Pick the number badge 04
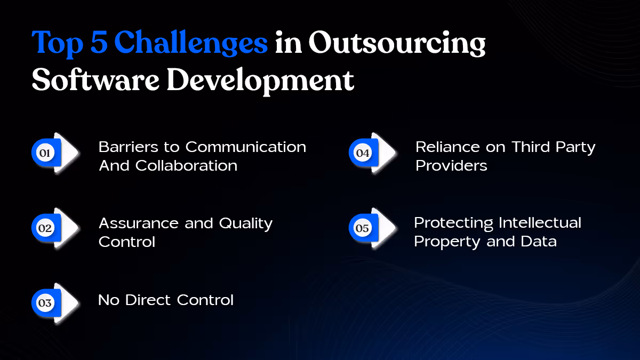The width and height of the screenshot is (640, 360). tap(362, 153)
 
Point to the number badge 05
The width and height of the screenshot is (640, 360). tap(362, 228)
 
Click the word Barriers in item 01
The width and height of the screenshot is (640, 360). tap(125, 147)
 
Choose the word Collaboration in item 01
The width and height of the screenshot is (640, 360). tap(186, 165)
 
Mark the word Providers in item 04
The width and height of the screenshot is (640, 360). tap(451, 165)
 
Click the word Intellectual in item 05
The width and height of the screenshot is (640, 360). tap(539, 222)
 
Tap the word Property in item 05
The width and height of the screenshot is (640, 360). tap(447, 241)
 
